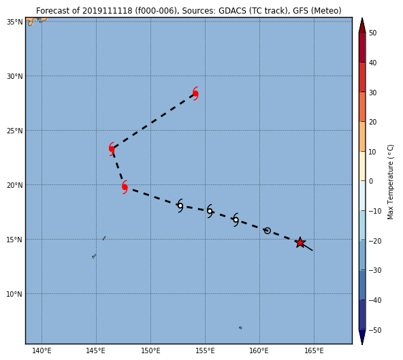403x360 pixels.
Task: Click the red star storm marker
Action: (x=300, y=242)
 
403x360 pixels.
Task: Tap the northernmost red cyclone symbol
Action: (x=195, y=93)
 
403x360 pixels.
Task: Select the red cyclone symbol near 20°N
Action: (x=125, y=187)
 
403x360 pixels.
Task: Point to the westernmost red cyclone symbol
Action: (x=112, y=149)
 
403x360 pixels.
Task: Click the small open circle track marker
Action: (x=268, y=231)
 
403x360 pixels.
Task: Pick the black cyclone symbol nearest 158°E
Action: (x=236, y=220)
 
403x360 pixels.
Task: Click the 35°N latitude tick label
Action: (x=14, y=22)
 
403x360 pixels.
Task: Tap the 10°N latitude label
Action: (x=14, y=294)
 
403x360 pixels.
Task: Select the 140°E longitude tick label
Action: (x=42, y=350)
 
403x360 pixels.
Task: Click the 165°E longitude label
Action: (x=314, y=350)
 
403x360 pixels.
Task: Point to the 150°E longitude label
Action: (x=150, y=350)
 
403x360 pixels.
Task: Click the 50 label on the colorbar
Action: (x=372, y=33)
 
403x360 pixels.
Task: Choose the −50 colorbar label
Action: (x=375, y=330)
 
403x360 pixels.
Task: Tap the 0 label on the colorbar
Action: (x=371, y=181)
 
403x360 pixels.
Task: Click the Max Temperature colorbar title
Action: (x=390, y=182)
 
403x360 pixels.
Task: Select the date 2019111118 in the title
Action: (x=108, y=11)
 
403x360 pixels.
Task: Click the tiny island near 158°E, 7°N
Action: (x=240, y=327)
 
